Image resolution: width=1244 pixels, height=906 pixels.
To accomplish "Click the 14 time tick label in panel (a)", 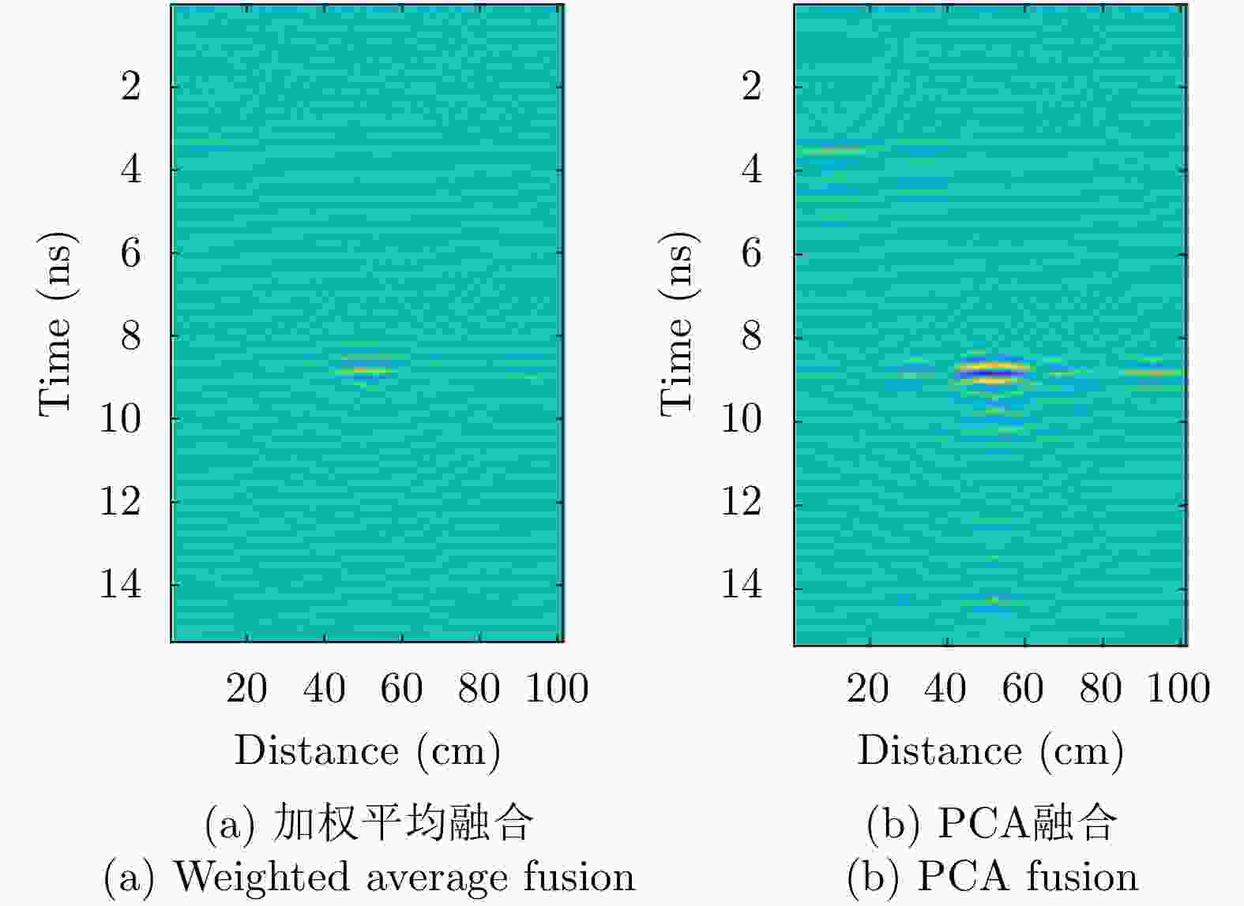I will tap(120, 585).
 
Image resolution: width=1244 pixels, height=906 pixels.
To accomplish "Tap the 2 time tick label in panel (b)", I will tap(751, 86).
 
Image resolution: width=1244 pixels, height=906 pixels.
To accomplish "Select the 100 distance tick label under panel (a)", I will tap(557, 688).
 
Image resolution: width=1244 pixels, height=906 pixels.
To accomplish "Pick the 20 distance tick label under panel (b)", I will tap(867, 688).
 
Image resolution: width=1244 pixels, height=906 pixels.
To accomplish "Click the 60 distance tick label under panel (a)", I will tap(401, 688).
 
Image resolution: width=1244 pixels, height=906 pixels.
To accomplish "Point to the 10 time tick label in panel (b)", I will tap(742, 419).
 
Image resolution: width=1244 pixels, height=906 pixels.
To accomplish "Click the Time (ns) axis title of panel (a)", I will tap(58, 324).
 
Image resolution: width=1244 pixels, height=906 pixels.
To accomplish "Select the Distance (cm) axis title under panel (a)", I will tap(367, 750).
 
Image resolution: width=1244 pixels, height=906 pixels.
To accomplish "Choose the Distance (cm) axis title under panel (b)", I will tap(990, 750).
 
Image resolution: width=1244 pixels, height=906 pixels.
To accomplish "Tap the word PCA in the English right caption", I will tap(963, 877).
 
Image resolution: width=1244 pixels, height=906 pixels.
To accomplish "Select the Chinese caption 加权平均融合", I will tap(403, 822).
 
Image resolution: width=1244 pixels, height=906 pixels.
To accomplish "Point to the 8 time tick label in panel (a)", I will tap(131, 336).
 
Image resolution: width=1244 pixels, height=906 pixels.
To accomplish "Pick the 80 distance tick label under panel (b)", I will tap(1100, 688).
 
